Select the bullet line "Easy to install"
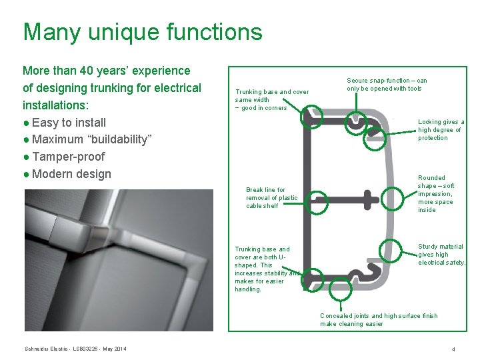point(69,122)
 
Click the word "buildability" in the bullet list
point(117,139)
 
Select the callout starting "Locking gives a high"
point(441,130)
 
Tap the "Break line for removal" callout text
point(271,198)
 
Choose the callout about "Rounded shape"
point(436,194)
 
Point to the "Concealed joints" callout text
point(378,320)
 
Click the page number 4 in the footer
point(453,349)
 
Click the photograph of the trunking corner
point(119,260)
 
